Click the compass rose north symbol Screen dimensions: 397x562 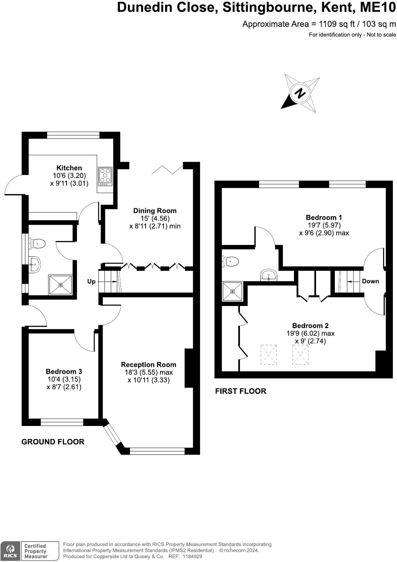[300, 93]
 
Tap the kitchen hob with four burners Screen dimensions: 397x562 [105, 176]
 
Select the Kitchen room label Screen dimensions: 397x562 [69, 168]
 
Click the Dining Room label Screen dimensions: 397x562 [155, 211]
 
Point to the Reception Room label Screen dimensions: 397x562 [149, 364]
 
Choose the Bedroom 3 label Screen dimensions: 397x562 [64, 371]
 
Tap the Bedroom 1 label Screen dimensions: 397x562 [324, 217]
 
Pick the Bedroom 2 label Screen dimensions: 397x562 [310, 326]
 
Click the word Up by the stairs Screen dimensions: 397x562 [91, 281]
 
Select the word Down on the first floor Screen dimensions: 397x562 [370, 281]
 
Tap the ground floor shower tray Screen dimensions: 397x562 [60, 285]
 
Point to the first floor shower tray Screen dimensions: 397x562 [232, 292]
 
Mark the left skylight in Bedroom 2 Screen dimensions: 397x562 [269, 355]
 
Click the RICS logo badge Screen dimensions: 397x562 [10, 551]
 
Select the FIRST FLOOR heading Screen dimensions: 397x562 [240, 391]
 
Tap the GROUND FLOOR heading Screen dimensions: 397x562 [53, 442]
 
